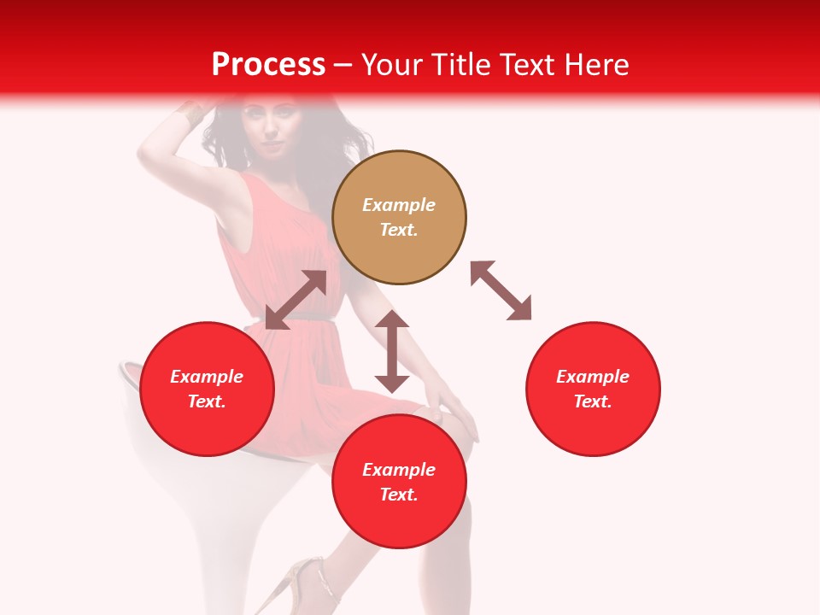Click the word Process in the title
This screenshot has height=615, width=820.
click(268, 65)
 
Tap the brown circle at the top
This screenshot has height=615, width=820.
click(399, 217)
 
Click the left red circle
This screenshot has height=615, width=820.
click(207, 389)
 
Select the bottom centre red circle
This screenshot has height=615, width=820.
click(399, 482)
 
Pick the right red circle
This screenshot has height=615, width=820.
click(593, 389)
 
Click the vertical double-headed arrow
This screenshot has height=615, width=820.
click(392, 351)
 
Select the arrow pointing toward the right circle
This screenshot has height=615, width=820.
click(501, 290)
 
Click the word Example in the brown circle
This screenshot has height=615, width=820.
click(399, 205)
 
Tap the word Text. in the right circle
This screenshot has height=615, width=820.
click(593, 401)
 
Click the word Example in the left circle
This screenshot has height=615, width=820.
click(207, 377)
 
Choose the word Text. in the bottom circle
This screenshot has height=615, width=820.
click(399, 495)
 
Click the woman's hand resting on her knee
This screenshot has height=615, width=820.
click(453, 410)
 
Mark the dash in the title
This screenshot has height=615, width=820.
click(343, 65)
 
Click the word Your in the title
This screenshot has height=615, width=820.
click(392, 65)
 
